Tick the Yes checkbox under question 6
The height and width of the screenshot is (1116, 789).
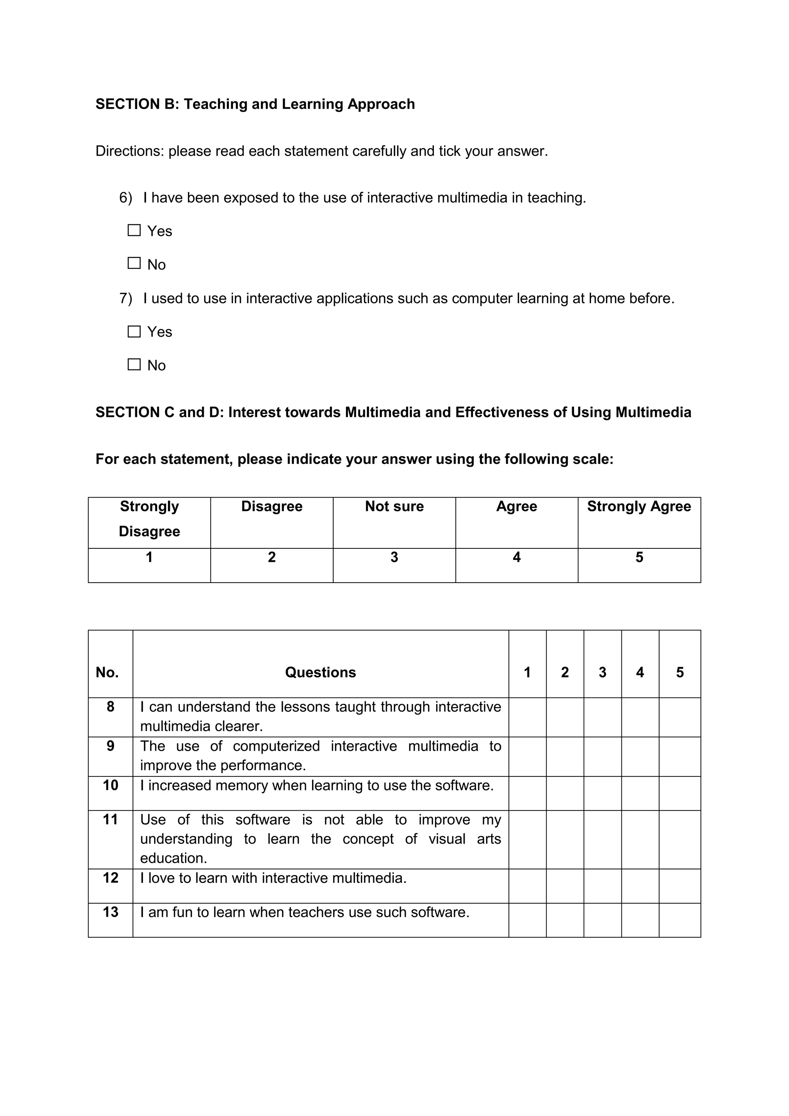134,230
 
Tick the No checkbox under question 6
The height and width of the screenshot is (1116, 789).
134,264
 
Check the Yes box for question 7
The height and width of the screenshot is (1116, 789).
134,331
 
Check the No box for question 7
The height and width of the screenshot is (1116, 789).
134,365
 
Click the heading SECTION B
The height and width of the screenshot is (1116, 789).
255,104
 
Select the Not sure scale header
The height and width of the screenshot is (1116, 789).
394,506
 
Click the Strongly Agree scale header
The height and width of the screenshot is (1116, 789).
639,506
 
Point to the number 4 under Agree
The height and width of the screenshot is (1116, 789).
517,557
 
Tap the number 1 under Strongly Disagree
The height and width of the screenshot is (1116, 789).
149,557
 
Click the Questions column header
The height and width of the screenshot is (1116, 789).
320,672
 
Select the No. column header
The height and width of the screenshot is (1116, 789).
107,672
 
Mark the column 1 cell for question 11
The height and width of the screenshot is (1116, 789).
527,839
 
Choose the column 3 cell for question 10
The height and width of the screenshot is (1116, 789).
603,793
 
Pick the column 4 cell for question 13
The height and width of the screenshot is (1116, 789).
640,920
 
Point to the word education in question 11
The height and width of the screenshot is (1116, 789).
173,858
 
